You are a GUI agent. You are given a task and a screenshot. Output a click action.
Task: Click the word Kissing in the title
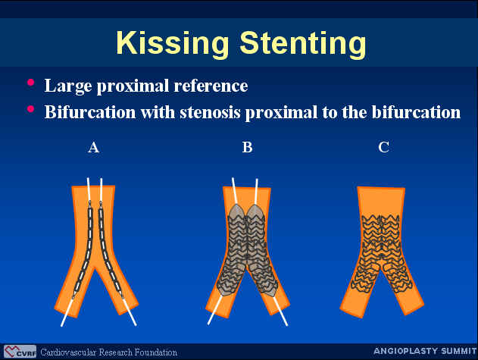coord(172,43)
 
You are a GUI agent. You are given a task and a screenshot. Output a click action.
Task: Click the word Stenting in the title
coord(303,43)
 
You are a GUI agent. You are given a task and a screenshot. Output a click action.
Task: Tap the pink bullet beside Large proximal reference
coord(30,83)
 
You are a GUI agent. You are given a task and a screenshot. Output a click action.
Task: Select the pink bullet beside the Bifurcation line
coord(30,109)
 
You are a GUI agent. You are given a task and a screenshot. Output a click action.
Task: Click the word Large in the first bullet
coord(68,86)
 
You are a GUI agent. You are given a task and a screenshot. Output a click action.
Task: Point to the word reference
coord(211,86)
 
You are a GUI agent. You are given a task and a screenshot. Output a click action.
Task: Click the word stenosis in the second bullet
coord(210,112)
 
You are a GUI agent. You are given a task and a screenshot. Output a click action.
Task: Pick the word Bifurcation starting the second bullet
coord(90,112)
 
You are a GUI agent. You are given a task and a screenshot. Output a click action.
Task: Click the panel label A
coord(94,147)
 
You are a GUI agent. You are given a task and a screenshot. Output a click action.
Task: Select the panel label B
coord(247,147)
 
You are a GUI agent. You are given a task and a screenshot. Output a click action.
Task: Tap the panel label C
coord(383,147)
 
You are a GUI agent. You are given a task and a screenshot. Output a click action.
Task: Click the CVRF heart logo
coord(20,352)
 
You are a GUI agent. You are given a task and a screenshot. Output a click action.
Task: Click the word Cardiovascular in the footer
coord(68,352)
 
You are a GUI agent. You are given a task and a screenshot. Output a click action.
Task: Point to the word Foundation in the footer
coord(156,352)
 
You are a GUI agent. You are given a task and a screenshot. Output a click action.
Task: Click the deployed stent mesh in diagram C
coord(381,253)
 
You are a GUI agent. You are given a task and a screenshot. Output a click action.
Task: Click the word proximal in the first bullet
coord(133,86)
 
